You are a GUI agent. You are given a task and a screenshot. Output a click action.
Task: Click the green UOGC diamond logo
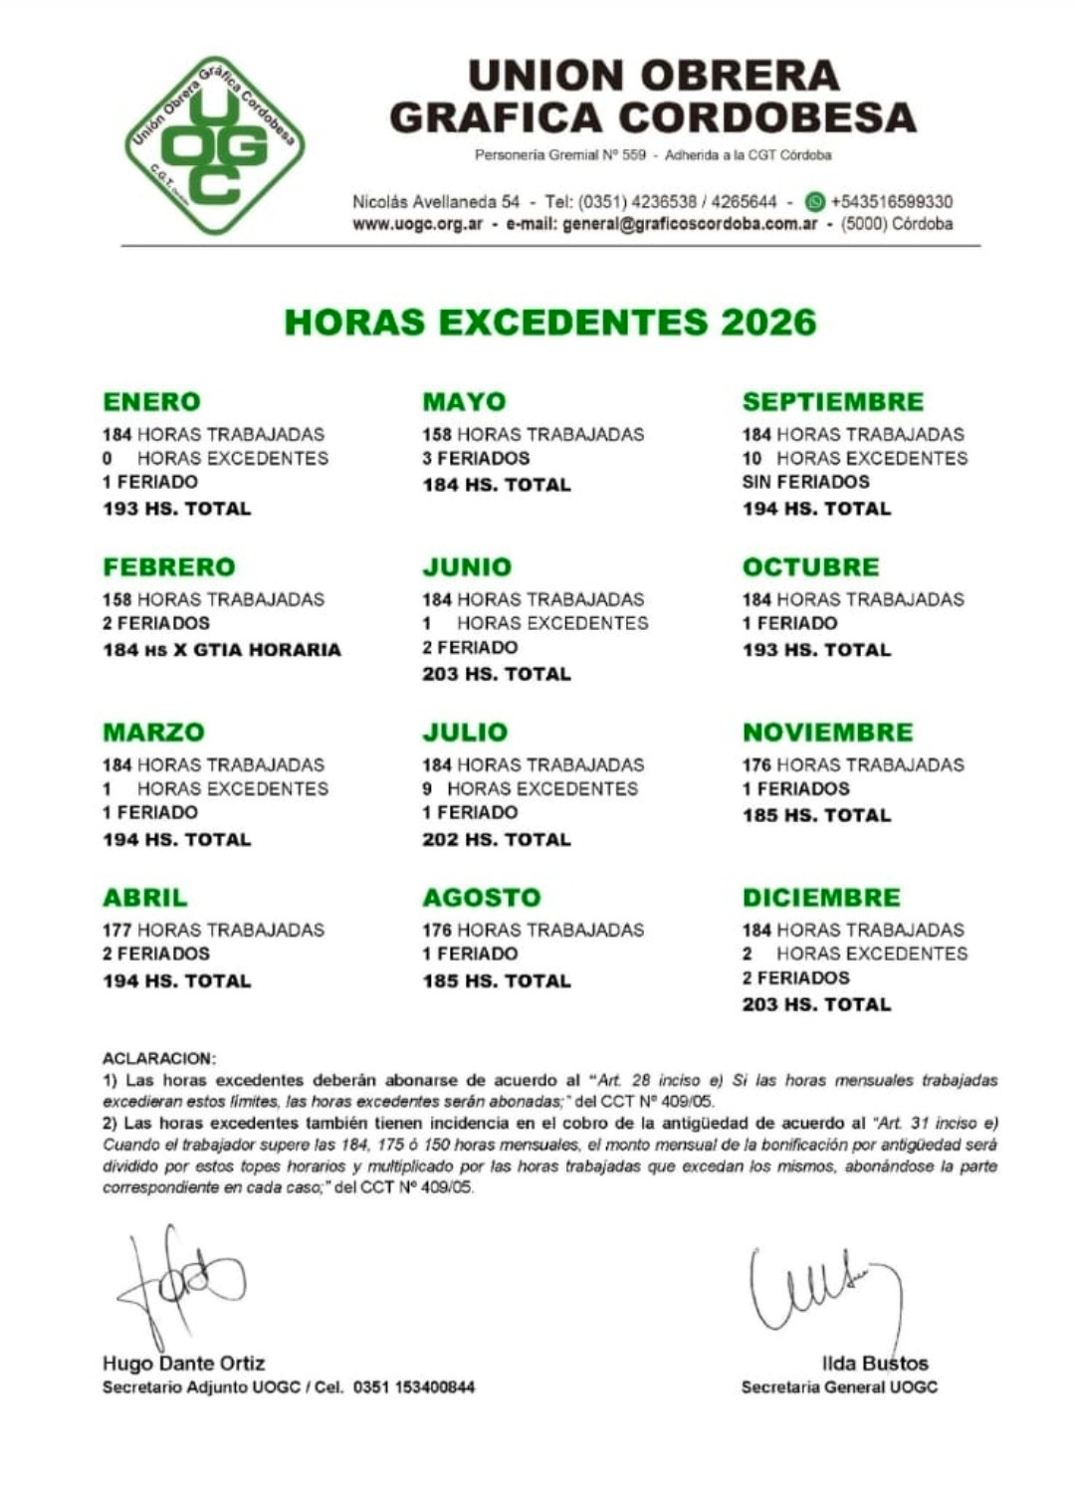[215, 145]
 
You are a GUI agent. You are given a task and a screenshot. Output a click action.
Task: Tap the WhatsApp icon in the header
[815, 201]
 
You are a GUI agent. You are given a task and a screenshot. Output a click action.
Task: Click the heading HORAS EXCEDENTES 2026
[550, 321]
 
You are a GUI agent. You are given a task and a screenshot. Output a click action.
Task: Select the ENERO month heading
[151, 402]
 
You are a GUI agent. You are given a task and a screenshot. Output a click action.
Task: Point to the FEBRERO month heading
[169, 567]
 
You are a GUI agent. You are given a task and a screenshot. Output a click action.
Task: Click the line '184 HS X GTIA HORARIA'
[221, 650]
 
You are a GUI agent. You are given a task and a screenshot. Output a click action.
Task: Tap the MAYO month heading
[464, 402]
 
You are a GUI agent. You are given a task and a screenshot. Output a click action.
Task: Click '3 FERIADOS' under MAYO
[476, 459]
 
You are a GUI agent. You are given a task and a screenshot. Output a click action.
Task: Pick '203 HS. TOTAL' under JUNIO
[497, 674]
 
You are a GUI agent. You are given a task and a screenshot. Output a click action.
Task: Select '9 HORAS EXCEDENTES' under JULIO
[530, 789]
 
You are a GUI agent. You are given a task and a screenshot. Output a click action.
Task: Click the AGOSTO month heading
[481, 898]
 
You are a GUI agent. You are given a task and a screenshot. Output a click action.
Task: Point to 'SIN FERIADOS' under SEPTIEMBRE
[805, 482]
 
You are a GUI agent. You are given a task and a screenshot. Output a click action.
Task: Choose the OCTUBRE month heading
[810, 567]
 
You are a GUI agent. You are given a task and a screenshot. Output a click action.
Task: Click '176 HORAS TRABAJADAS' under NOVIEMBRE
[853, 765]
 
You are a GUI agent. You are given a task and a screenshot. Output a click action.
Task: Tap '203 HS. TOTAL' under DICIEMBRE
[816, 1004]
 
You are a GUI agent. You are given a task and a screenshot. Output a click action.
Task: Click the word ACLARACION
[158, 1058]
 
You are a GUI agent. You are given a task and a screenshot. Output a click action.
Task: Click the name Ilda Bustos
[875, 1364]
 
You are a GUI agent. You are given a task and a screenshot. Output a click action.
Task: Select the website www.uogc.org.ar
[418, 224]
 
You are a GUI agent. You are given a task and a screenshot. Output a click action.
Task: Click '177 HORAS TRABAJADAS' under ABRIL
[213, 931]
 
